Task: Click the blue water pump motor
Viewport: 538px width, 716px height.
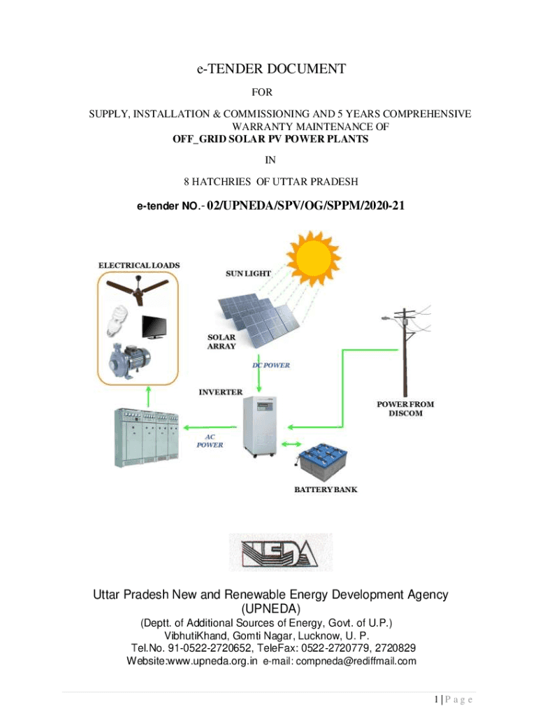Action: (x=129, y=360)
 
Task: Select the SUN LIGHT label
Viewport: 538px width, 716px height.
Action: (x=248, y=274)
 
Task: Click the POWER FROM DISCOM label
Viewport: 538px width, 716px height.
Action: (x=405, y=408)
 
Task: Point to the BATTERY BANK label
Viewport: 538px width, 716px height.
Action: (x=326, y=489)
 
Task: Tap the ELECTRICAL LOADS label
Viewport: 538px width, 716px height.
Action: (x=139, y=265)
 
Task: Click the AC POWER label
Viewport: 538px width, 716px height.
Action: (x=210, y=440)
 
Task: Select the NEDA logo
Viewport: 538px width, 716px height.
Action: (x=281, y=552)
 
